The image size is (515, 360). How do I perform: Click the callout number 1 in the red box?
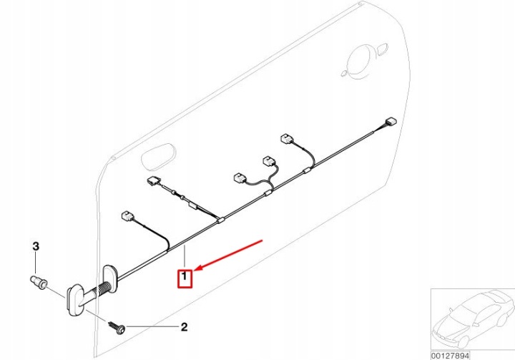(x=185, y=276)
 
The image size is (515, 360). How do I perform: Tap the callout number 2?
(x=185, y=327)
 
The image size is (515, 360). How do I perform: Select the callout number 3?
(x=36, y=246)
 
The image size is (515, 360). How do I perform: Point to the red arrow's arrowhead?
(x=197, y=268)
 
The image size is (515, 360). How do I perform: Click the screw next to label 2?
(x=117, y=328)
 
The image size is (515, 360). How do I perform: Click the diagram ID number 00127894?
(x=451, y=356)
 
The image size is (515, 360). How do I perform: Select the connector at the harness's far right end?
(x=391, y=122)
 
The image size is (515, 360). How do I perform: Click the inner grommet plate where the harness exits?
(x=111, y=275)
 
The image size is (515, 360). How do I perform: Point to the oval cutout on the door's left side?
(x=158, y=156)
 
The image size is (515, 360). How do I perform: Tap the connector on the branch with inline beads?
(x=153, y=181)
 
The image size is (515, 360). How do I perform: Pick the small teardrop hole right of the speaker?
(x=382, y=49)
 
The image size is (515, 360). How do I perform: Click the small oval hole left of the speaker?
(x=344, y=73)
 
